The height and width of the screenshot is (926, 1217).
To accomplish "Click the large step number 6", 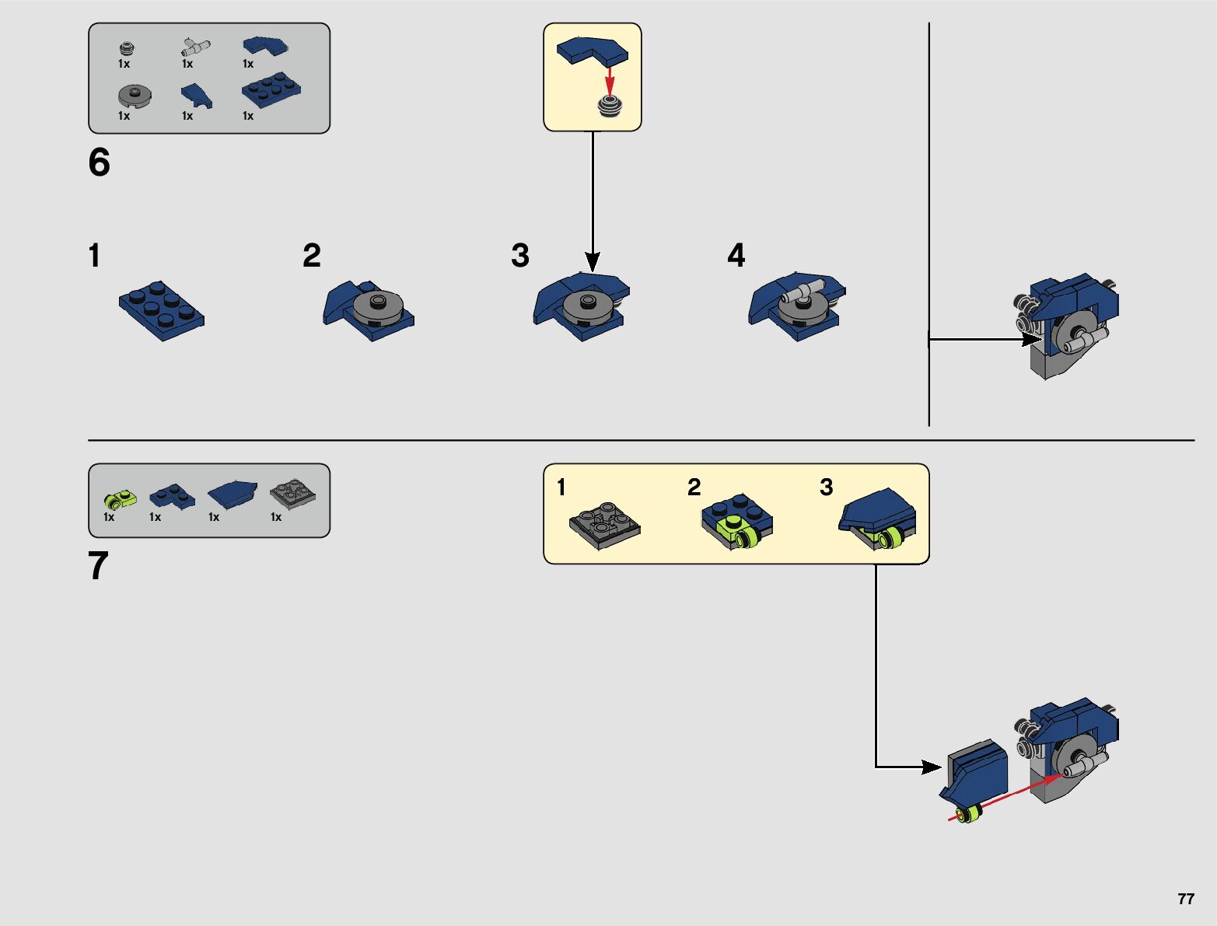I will (100, 163).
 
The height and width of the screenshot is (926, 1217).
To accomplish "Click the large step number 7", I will (98, 566).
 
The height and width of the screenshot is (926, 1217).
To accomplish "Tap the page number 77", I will (1185, 899).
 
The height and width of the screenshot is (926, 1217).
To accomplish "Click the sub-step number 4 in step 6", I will (736, 256).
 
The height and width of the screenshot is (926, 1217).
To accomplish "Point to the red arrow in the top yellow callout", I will (610, 79).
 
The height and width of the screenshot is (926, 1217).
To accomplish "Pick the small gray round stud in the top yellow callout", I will (610, 106).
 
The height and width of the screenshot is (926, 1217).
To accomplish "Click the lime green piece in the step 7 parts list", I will (120, 498).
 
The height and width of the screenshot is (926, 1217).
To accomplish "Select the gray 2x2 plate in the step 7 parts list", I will (293, 493).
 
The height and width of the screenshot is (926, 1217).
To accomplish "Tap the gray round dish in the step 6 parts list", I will (135, 96).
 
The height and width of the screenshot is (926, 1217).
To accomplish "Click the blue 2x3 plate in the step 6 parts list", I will (271, 91).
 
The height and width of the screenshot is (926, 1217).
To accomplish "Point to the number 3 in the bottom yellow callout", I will (826, 487).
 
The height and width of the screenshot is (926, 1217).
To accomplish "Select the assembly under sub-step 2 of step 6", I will (369, 309).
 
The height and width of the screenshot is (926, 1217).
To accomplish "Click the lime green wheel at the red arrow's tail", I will (969, 814).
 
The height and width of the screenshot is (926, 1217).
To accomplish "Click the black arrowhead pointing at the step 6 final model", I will (1031, 339).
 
